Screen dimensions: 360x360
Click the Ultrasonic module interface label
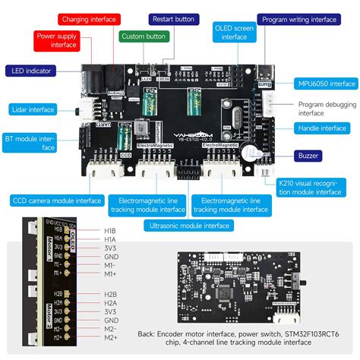click(189, 225)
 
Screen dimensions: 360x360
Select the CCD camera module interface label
click(56, 201)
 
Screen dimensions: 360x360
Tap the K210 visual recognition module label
click(311, 187)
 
